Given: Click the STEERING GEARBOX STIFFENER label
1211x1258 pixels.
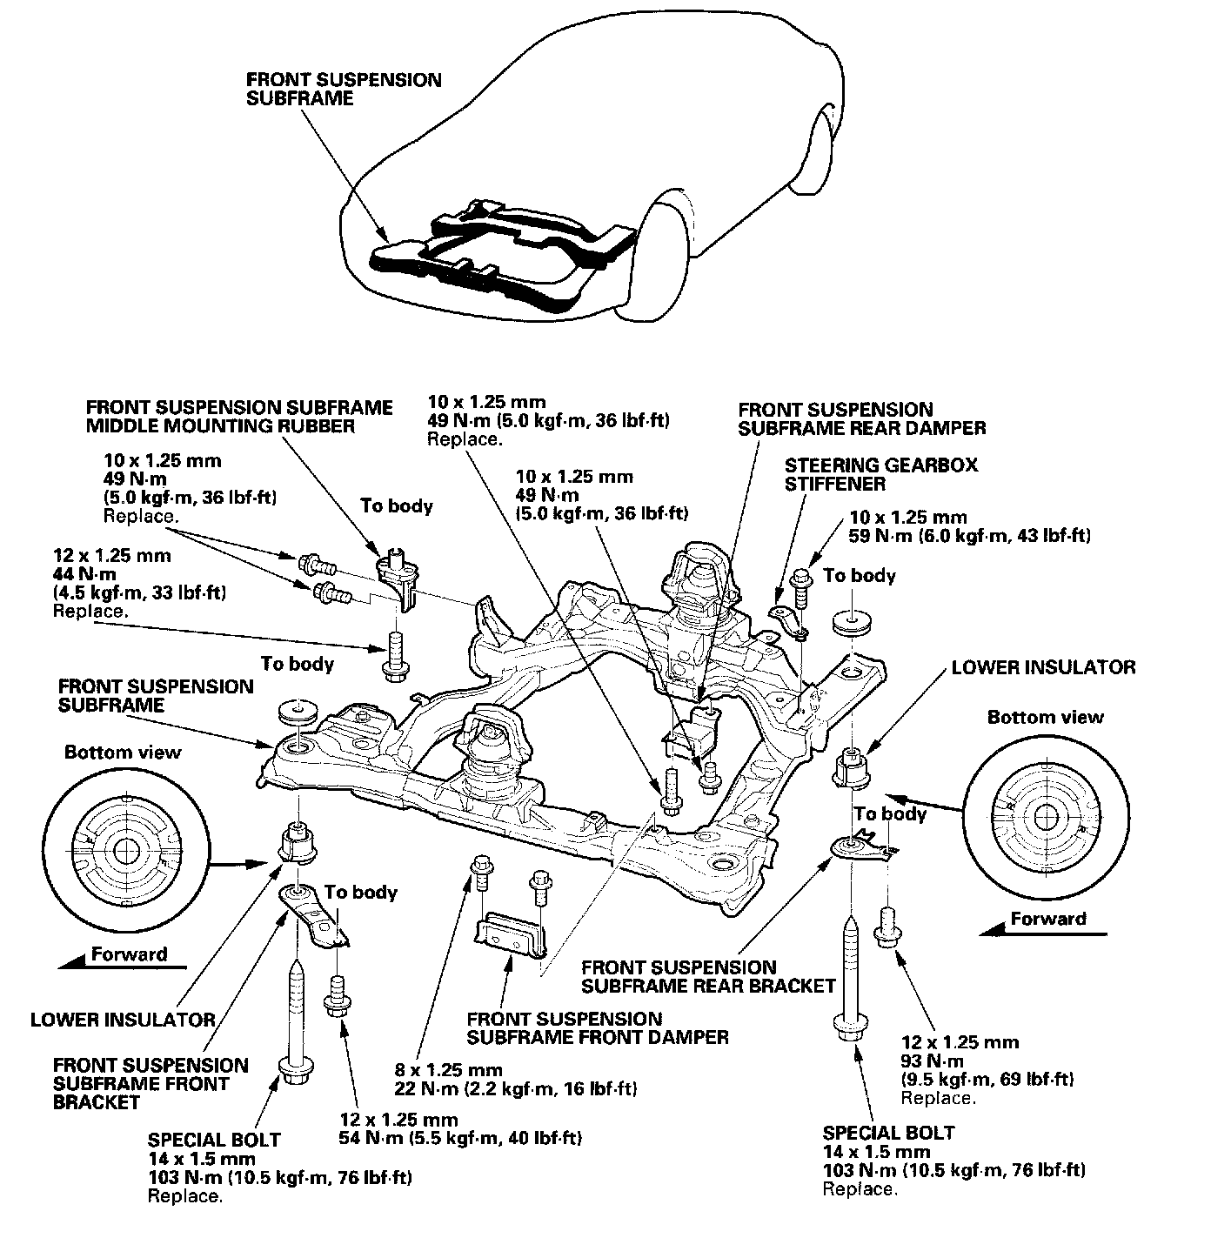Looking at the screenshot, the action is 880,474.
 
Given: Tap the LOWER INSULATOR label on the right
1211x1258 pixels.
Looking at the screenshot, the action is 1043,667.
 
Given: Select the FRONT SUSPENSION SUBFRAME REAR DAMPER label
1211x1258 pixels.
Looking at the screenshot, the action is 862,419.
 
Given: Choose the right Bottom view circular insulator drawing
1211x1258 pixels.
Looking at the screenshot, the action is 1047,817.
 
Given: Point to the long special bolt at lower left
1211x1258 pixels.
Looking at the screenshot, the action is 296,1022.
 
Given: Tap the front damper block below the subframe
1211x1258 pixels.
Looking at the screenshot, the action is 512,934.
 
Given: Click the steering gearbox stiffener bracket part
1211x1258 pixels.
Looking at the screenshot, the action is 789,619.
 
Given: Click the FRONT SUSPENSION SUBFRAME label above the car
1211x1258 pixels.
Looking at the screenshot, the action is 344,90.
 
